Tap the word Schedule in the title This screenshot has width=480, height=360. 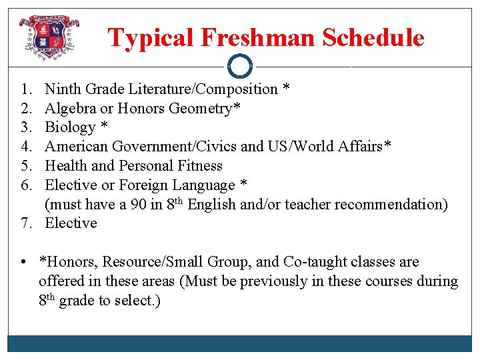click(373, 38)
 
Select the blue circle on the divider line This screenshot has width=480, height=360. click(240, 67)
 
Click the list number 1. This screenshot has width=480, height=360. click(25, 89)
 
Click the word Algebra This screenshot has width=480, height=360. click(70, 108)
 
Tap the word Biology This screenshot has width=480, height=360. click(71, 127)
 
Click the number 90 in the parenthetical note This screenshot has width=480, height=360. click(138, 204)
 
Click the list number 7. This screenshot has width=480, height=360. click(25, 223)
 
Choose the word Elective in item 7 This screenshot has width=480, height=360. click(71, 223)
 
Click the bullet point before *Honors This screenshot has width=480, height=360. click(24, 262)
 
